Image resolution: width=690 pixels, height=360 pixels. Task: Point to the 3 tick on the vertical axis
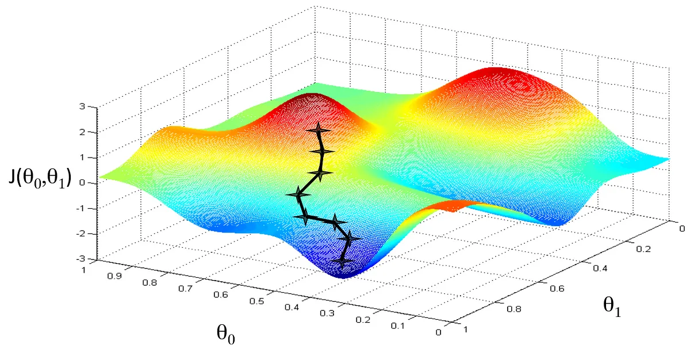coord(83,107)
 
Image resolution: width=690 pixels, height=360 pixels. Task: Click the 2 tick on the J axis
coord(83,132)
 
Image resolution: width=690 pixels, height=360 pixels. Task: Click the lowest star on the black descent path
coord(343,262)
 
